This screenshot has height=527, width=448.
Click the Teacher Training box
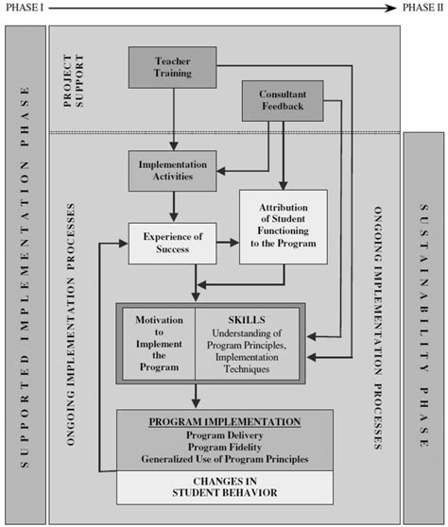click(172, 68)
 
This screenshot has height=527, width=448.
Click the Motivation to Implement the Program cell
click(158, 342)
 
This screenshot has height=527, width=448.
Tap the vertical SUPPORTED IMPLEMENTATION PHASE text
click(26, 274)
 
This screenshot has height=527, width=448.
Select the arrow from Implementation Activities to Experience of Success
click(172, 206)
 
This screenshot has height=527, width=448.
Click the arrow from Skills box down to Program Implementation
click(196, 395)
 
